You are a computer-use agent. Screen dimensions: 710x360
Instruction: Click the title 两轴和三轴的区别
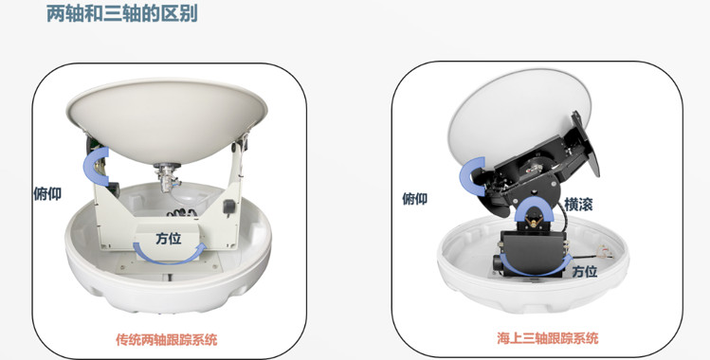[122, 13]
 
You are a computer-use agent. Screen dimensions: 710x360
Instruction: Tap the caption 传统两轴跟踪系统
[167, 339]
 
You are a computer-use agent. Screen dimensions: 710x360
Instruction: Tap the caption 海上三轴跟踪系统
[548, 338]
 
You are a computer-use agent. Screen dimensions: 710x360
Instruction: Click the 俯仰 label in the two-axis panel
[47, 193]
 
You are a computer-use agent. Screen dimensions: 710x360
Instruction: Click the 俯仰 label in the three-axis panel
[415, 198]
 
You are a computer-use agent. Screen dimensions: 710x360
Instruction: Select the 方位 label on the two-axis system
[169, 239]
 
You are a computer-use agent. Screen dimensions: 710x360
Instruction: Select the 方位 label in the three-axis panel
[585, 271]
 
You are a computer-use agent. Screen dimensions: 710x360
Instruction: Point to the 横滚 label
[578, 205]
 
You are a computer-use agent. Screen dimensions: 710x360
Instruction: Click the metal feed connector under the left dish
[167, 176]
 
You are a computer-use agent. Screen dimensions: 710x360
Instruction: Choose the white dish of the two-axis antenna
[167, 118]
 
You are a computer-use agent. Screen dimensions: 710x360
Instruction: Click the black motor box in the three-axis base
[533, 251]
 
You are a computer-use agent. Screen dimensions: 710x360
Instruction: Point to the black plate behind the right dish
[585, 143]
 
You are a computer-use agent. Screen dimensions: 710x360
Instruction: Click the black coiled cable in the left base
[181, 212]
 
